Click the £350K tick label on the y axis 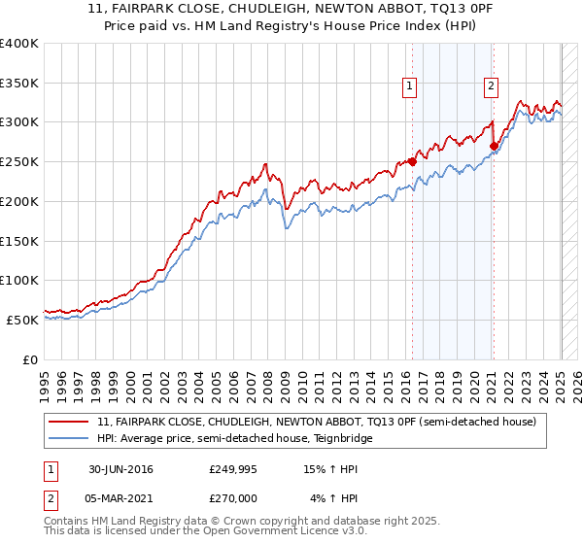pos(19,84)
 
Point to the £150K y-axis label pos(19,241)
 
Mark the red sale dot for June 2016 pos(412,162)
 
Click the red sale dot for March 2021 pos(493,147)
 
